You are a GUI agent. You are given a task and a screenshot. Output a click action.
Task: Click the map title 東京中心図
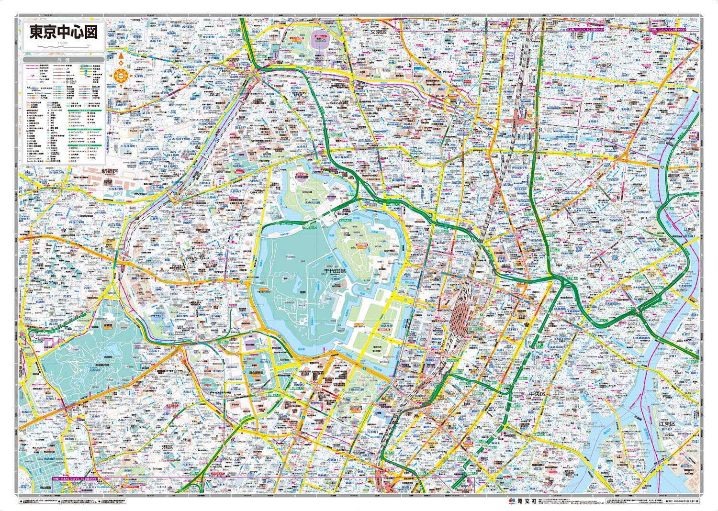(x=64, y=32)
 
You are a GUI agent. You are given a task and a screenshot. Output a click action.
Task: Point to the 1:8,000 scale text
(x=62, y=43)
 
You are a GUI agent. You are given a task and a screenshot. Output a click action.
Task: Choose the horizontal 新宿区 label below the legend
(x=109, y=171)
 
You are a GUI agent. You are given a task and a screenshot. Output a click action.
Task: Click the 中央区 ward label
(x=538, y=393)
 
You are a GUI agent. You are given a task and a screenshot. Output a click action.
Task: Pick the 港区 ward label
(x=167, y=446)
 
